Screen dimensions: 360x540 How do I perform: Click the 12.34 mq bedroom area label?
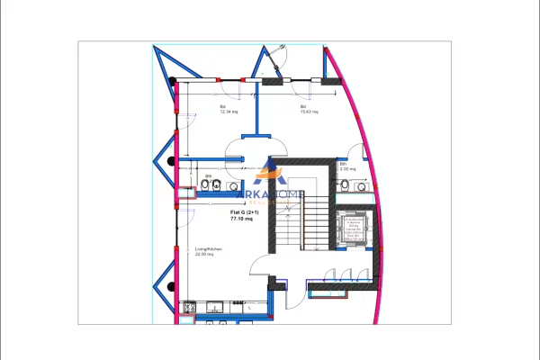pos(226,112)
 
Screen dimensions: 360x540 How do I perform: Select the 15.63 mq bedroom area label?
pos(307,112)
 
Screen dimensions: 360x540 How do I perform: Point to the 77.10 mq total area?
pos(242,219)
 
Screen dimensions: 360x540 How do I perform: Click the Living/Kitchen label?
pos(208,248)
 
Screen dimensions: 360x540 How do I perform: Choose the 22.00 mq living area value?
pos(204,255)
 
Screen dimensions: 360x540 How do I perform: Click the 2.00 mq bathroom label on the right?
pos(347,169)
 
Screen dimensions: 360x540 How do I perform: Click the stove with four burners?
pos(190,308)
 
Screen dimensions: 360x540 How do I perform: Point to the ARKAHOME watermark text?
pos(270,194)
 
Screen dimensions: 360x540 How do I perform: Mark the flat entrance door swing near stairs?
pos(261,267)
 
